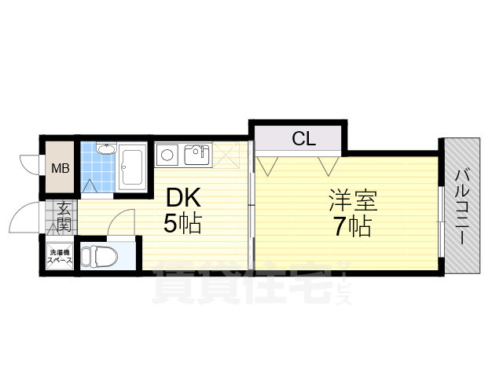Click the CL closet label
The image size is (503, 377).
pos(303,140)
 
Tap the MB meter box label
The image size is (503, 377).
pos(60,168)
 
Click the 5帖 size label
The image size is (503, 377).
pos(182,225)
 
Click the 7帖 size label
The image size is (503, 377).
pos(351,227)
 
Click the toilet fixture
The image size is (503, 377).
pos(99,256)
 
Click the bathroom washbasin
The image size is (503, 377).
pos(105,151)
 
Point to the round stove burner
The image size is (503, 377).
pos(167,154)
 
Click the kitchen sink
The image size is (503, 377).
pos(196,155)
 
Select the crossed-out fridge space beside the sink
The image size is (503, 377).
pos(232,155)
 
